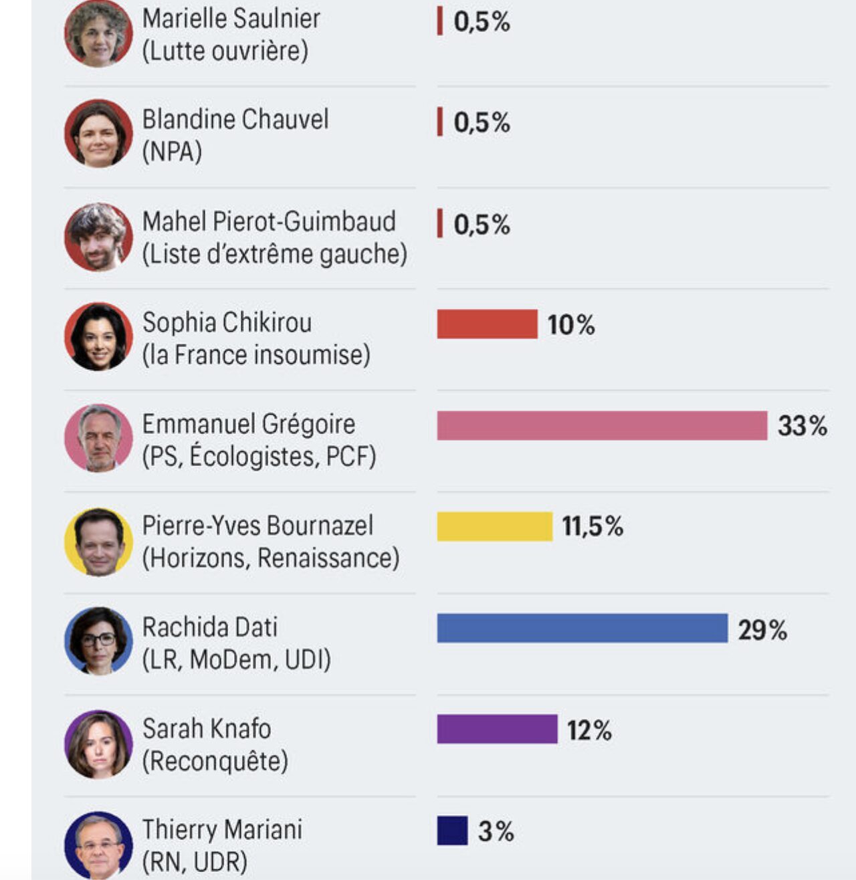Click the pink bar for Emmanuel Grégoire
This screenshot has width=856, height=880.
pyautogui.click(x=602, y=426)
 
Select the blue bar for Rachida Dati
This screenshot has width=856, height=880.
pyautogui.click(x=582, y=629)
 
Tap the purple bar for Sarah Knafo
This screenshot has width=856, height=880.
pyautogui.click(x=497, y=729)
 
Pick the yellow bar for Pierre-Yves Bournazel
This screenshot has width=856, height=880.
pyautogui.click(x=495, y=526)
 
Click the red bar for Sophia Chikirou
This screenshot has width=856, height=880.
pyautogui.click(x=487, y=324)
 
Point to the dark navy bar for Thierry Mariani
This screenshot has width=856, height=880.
pyautogui.click(x=452, y=831)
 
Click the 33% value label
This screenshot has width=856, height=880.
pyautogui.click(x=802, y=426)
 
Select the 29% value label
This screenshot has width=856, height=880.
pyautogui.click(x=762, y=630)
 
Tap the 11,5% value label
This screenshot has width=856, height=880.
pyautogui.click(x=593, y=527)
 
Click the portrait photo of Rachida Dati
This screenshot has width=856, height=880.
pyautogui.click(x=98, y=641)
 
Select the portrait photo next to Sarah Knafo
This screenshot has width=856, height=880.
pyautogui.click(x=98, y=744)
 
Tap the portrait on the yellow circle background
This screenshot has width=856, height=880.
pyautogui.click(x=98, y=542)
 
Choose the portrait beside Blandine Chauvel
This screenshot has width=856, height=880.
pyautogui.click(x=98, y=134)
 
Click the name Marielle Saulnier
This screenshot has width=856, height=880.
pyautogui.click(x=231, y=19)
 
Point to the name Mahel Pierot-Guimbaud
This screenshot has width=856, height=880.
pyautogui.click(x=269, y=221)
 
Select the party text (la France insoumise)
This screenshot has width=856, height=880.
pyautogui.click(x=256, y=355)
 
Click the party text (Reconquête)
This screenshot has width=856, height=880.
pyautogui.click(x=215, y=761)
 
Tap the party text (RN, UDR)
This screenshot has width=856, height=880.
pyautogui.click(x=195, y=862)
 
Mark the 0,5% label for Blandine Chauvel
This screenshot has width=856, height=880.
pyautogui.click(x=481, y=123)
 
